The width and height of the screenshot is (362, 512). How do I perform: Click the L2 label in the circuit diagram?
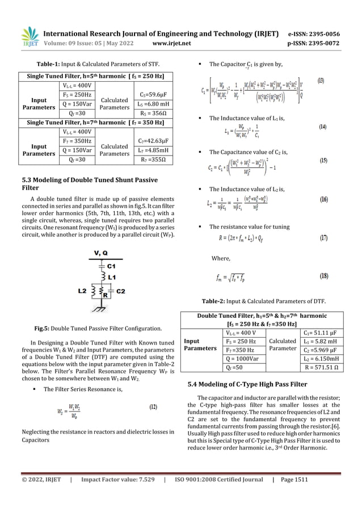[83, 291]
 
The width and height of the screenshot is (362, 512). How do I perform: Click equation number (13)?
[321, 81]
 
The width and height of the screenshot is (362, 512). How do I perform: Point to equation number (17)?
[321, 237]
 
